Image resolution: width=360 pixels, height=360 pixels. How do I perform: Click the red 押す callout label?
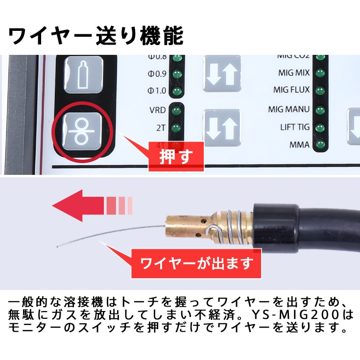pyautogui.click(x=175, y=156)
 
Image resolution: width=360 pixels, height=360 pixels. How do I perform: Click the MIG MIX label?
pyautogui.click(x=294, y=73)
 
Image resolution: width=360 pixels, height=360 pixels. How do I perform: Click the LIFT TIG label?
pyautogui.click(x=295, y=127)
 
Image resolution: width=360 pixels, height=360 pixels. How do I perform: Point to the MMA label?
pyautogui.click(x=300, y=145)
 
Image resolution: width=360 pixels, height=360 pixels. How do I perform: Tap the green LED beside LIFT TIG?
pyautogui.click(x=320, y=128)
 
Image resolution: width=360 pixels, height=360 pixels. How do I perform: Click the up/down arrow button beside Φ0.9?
pyautogui.click(x=222, y=75)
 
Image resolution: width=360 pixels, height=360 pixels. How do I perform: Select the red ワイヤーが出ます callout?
pyautogui.click(x=196, y=264)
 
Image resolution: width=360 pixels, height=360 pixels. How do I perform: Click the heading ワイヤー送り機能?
pyautogui.click(x=96, y=36)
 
